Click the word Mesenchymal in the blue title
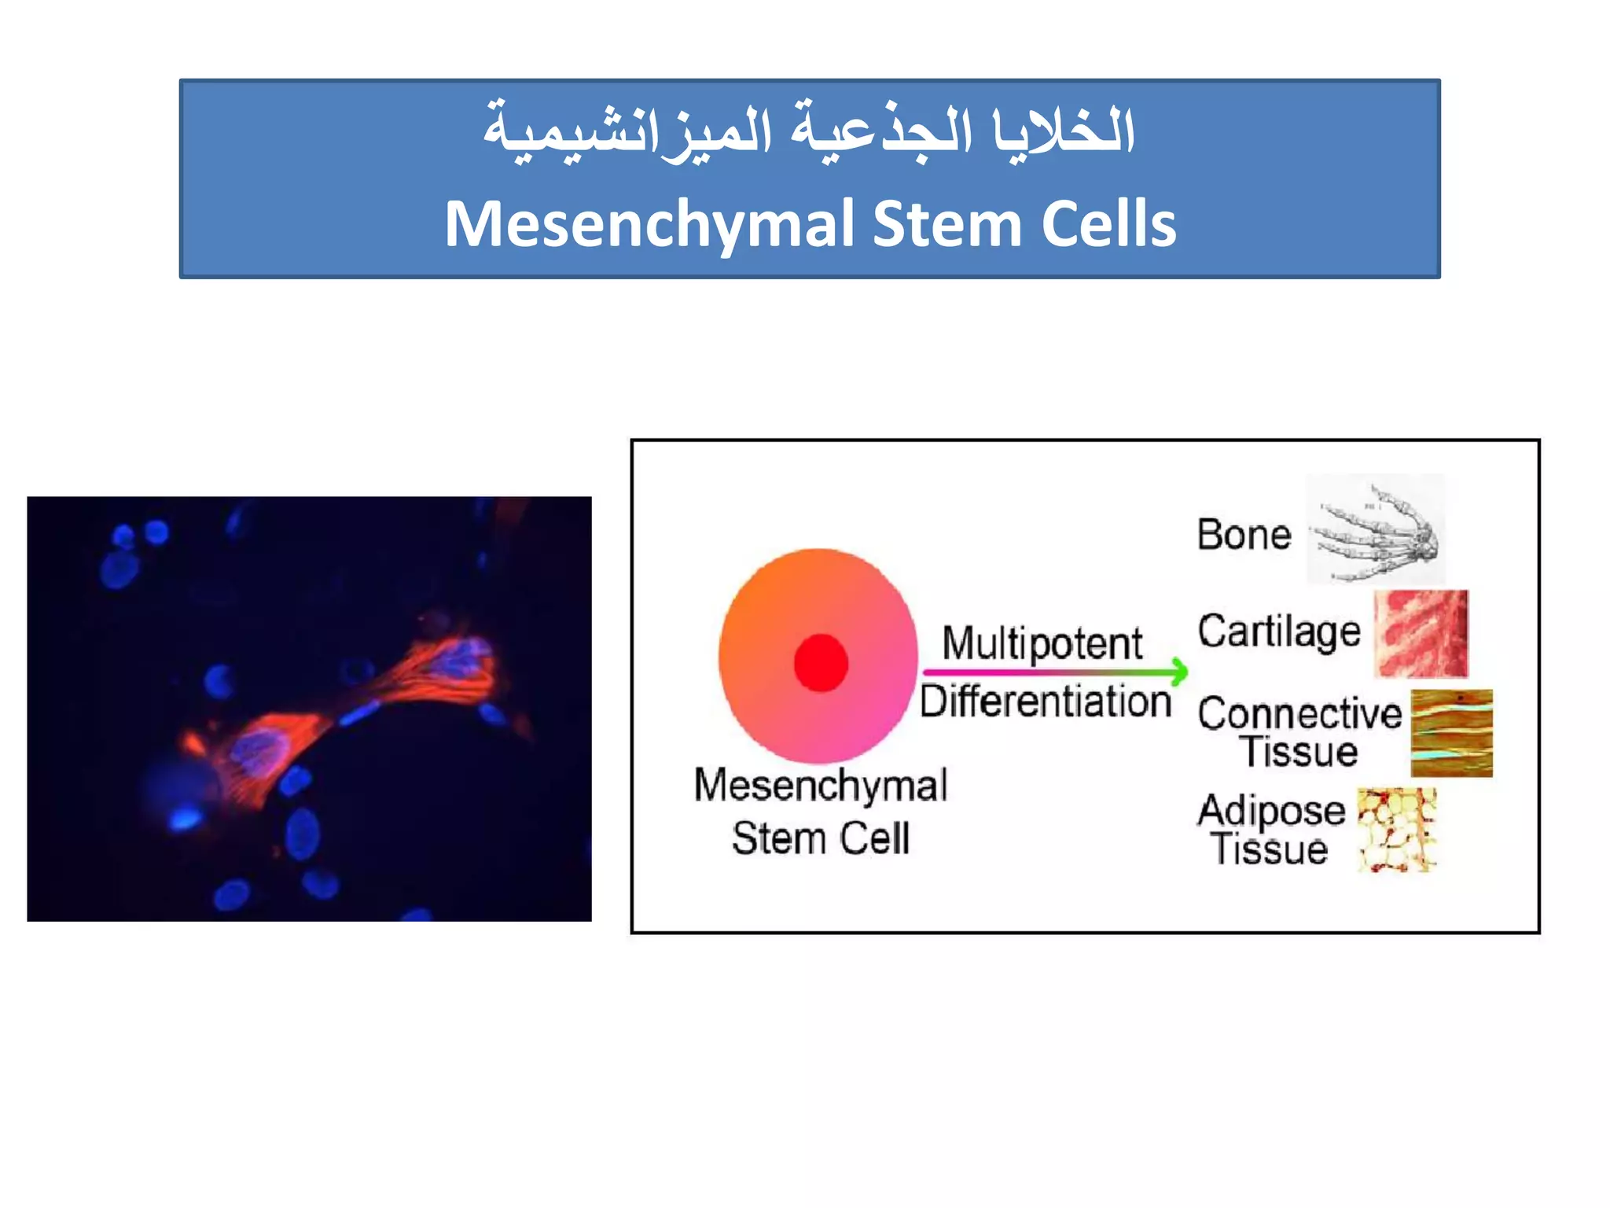click(x=649, y=225)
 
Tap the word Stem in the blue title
click(x=947, y=225)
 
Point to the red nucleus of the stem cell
click(x=821, y=663)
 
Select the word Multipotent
click(x=1042, y=643)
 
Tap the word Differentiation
click(x=1046, y=702)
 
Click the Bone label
click(x=1244, y=535)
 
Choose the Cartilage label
click(x=1278, y=632)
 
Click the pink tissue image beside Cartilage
click(x=1421, y=634)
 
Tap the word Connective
click(x=1299, y=714)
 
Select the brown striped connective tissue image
click(x=1451, y=733)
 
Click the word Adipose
click(x=1271, y=810)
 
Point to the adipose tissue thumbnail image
click(x=1396, y=830)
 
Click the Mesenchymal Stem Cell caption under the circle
click(x=821, y=812)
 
